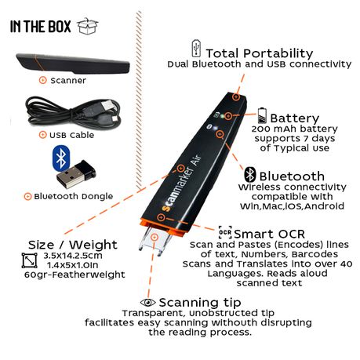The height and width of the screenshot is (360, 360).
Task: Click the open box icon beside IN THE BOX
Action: click(x=88, y=26)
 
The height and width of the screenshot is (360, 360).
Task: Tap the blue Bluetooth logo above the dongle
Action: click(x=61, y=158)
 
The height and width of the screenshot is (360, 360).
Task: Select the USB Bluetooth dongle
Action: click(x=76, y=174)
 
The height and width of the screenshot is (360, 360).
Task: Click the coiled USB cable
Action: click(x=73, y=111)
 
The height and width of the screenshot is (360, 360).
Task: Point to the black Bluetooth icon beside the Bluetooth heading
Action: click(x=250, y=175)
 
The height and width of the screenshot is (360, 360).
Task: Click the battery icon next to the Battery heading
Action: click(x=262, y=115)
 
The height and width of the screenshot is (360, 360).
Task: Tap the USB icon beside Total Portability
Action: click(x=196, y=49)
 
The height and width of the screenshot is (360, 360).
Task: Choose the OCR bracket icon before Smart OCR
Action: click(x=225, y=232)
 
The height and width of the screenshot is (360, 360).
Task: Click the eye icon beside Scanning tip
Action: click(x=148, y=303)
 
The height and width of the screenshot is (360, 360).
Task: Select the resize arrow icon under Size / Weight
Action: click(x=29, y=260)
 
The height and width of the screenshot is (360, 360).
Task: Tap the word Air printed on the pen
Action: click(x=196, y=160)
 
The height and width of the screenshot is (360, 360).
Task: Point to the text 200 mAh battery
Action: click(x=295, y=129)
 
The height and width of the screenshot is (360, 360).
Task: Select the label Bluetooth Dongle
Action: click(x=74, y=196)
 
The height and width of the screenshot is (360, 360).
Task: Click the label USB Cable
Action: click(x=71, y=135)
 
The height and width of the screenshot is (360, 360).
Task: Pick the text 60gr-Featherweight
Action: click(x=75, y=275)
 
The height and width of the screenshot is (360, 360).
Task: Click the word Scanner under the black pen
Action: click(x=68, y=81)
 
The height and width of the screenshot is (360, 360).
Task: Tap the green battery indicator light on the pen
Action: click(x=222, y=116)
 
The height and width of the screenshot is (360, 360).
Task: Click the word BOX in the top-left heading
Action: click(x=60, y=27)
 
